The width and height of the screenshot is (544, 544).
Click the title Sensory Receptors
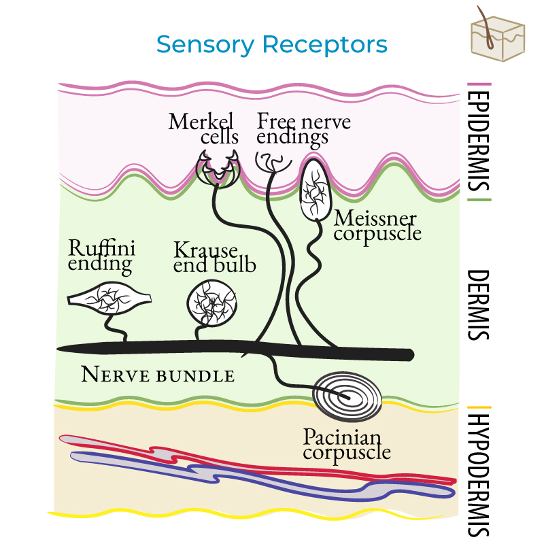[x=271, y=45]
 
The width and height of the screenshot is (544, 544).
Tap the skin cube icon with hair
[x=498, y=34]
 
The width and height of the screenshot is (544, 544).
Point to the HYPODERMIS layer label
[x=480, y=473]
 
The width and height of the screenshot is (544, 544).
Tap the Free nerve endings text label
[x=303, y=129]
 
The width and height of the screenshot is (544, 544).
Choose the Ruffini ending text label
[x=101, y=255]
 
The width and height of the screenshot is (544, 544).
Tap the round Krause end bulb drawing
[x=211, y=301]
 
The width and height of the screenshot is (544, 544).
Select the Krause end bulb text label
[x=214, y=257]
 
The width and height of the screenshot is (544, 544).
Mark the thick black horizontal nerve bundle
[x=170, y=349]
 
